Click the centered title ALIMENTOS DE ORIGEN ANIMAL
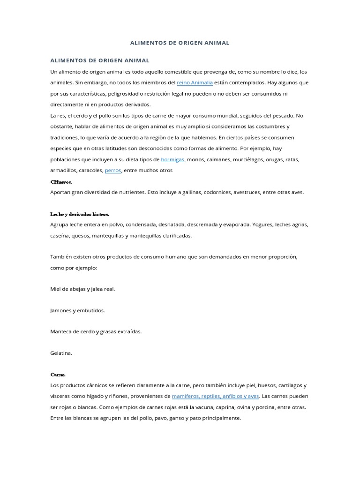[x=180, y=43]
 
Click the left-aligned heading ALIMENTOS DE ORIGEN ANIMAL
[x=99, y=60]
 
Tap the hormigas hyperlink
[x=173, y=160]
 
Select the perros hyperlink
[x=113, y=171]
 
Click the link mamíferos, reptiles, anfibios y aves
[x=215, y=396]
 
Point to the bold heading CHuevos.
[x=61, y=181]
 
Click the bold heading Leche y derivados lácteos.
[x=79, y=214]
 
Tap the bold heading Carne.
[x=58, y=375]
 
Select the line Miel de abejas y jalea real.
[x=82, y=289]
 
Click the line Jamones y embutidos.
[x=77, y=310]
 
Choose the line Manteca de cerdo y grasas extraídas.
[x=96, y=331]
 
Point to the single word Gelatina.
[x=61, y=353]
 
